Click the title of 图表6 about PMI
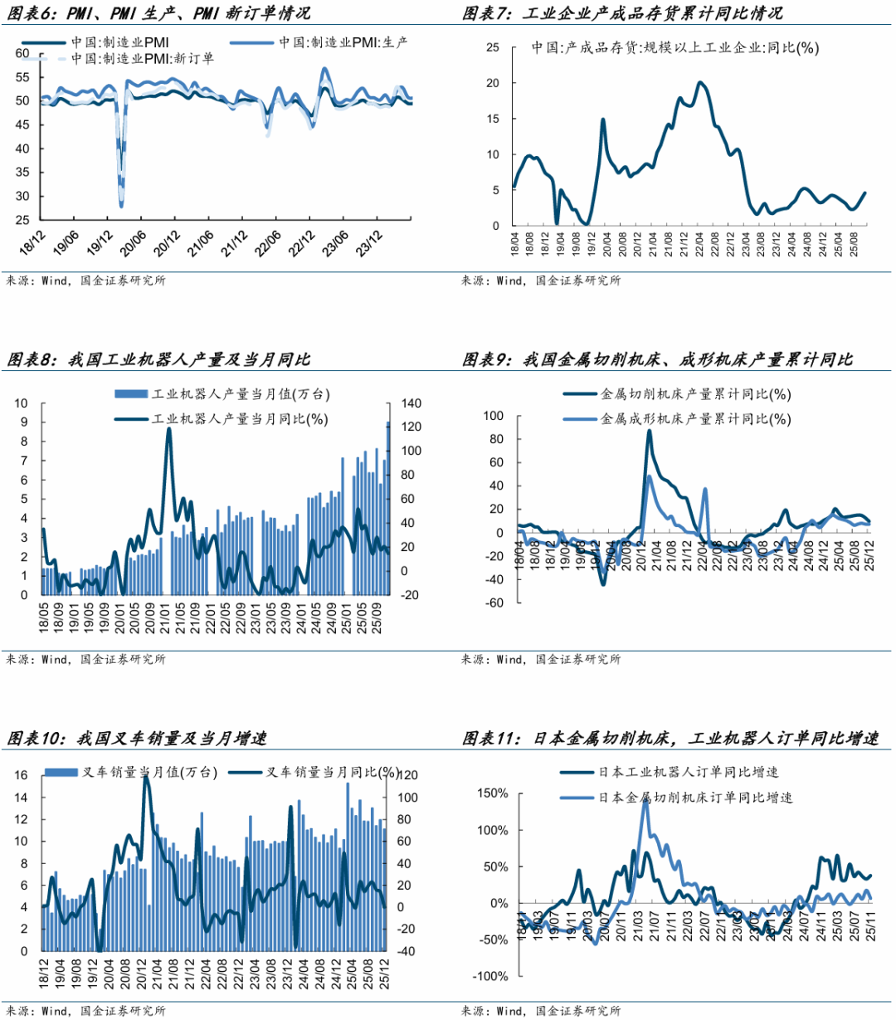pos(158,13)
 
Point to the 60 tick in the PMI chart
pos(22,54)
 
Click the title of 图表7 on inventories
pos(621,13)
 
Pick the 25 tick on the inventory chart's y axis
pos(493,47)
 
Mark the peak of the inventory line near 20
pos(700,82)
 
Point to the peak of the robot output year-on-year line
pos(168,429)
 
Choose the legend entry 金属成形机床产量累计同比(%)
pos(695,419)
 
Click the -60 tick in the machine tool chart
pos(493,603)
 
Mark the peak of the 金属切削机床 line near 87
pos(649,430)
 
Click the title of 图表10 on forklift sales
pos(138,738)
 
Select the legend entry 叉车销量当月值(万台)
pos(149,773)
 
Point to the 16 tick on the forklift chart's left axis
pos(22,776)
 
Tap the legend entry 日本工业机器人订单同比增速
pos(689,773)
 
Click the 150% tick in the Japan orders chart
pos(492,793)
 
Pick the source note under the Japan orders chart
pos(541,1011)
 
